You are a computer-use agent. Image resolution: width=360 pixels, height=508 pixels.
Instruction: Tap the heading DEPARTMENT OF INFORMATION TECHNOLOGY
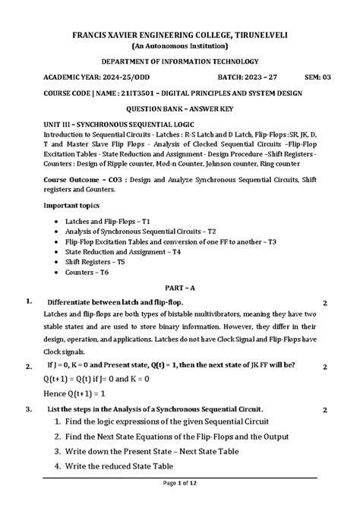[180, 62]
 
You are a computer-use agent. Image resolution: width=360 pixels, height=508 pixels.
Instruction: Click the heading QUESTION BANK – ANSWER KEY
[180, 109]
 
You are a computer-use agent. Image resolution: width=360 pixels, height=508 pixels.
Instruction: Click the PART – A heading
[180, 288]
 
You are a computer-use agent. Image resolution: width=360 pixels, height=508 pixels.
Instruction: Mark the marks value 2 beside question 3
[324, 410]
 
